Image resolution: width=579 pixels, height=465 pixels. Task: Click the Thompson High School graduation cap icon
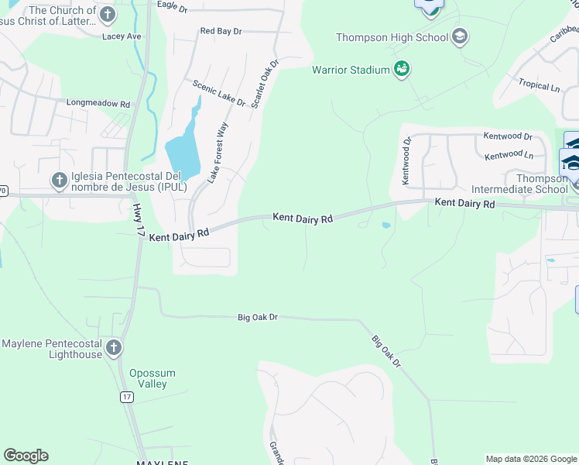click(x=460, y=36)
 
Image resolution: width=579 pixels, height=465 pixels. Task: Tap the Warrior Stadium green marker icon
click(x=402, y=70)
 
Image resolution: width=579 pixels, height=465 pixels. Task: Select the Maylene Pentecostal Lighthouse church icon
click(x=114, y=348)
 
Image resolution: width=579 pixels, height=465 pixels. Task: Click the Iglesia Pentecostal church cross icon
click(x=59, y=181)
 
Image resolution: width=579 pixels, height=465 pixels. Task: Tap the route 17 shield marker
click(x=126, y=397)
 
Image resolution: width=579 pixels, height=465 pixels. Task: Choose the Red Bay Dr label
click(x=221, y=31)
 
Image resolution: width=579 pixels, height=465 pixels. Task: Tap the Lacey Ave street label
click(x=122, y=36)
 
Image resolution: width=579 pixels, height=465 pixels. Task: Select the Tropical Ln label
click(x=539, y=85)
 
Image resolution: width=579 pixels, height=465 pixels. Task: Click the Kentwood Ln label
click(x=509, y=156)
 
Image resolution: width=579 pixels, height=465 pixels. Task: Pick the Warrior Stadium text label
click(x=351, y=71)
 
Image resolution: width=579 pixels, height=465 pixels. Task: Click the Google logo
click(x=26, y=456)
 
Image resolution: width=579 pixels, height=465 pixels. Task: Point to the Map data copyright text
click(x=530, y=459)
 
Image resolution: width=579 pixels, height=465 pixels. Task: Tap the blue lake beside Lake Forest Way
click(x=183, y=150)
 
